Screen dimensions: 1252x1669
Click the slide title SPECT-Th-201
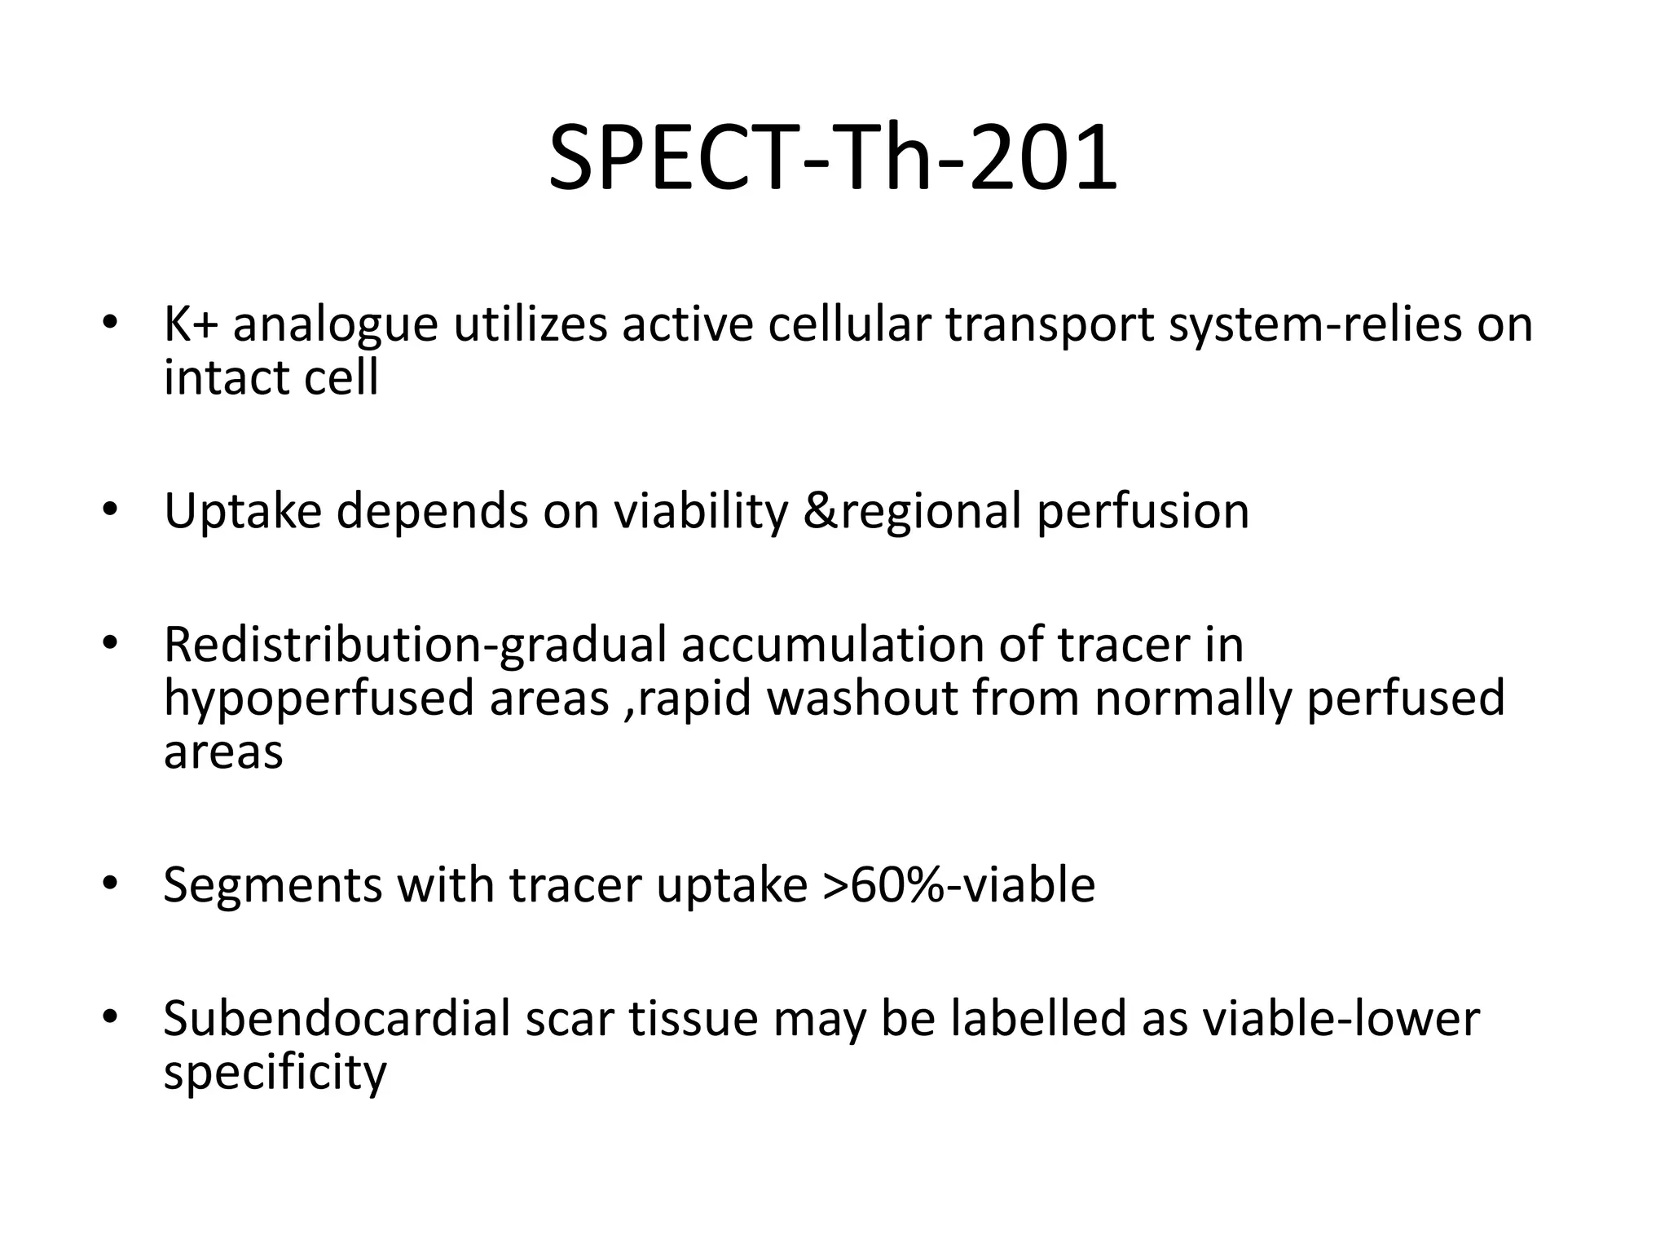pos(833,156)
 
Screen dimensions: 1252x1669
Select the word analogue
pos(335,325)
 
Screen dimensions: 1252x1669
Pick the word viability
pos(700,512)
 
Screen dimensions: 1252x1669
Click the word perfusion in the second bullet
pos(1142,512)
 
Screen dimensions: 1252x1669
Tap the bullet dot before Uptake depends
pos(111,510)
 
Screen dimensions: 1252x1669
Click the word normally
pos(1192,699)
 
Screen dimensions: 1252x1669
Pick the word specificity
pos(275,1073)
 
